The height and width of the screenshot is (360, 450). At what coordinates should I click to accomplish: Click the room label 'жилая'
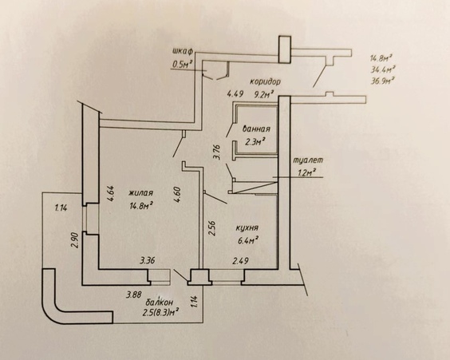[140, 193]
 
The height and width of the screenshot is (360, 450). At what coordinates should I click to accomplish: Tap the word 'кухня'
[247, 227]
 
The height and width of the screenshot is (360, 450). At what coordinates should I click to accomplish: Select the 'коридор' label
[265, 81]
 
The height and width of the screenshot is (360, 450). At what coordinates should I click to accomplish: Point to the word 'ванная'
[256, 129]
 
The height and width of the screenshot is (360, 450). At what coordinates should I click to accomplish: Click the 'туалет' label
[308, 160]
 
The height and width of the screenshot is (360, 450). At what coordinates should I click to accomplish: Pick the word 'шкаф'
[183, 52]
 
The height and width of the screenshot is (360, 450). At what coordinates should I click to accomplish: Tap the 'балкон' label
[160, 302]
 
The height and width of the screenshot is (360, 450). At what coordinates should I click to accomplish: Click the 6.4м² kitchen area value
[247, 240]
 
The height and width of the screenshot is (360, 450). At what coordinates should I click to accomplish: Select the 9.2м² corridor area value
[261, 94]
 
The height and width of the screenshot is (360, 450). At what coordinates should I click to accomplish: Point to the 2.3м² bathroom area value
[255, 141]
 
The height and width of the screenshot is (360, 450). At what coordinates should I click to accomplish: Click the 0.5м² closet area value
[182, 65]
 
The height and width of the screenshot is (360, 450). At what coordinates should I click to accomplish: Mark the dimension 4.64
[111, 195]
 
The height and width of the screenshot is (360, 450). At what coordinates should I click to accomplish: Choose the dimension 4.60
[177, 196]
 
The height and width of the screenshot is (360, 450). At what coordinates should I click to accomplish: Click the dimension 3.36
[148, 261]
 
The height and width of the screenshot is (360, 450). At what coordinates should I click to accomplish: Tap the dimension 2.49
[240, 261]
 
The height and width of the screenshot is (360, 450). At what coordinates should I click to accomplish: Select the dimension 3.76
[217, 152]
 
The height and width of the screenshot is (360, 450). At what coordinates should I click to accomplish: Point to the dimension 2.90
[74, 239]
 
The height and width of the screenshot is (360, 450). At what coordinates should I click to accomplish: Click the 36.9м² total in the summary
[381, 81]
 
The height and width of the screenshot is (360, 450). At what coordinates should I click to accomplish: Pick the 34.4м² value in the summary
[383, 69]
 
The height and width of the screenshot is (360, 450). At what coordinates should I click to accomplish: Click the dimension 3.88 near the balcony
[134, 295]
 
